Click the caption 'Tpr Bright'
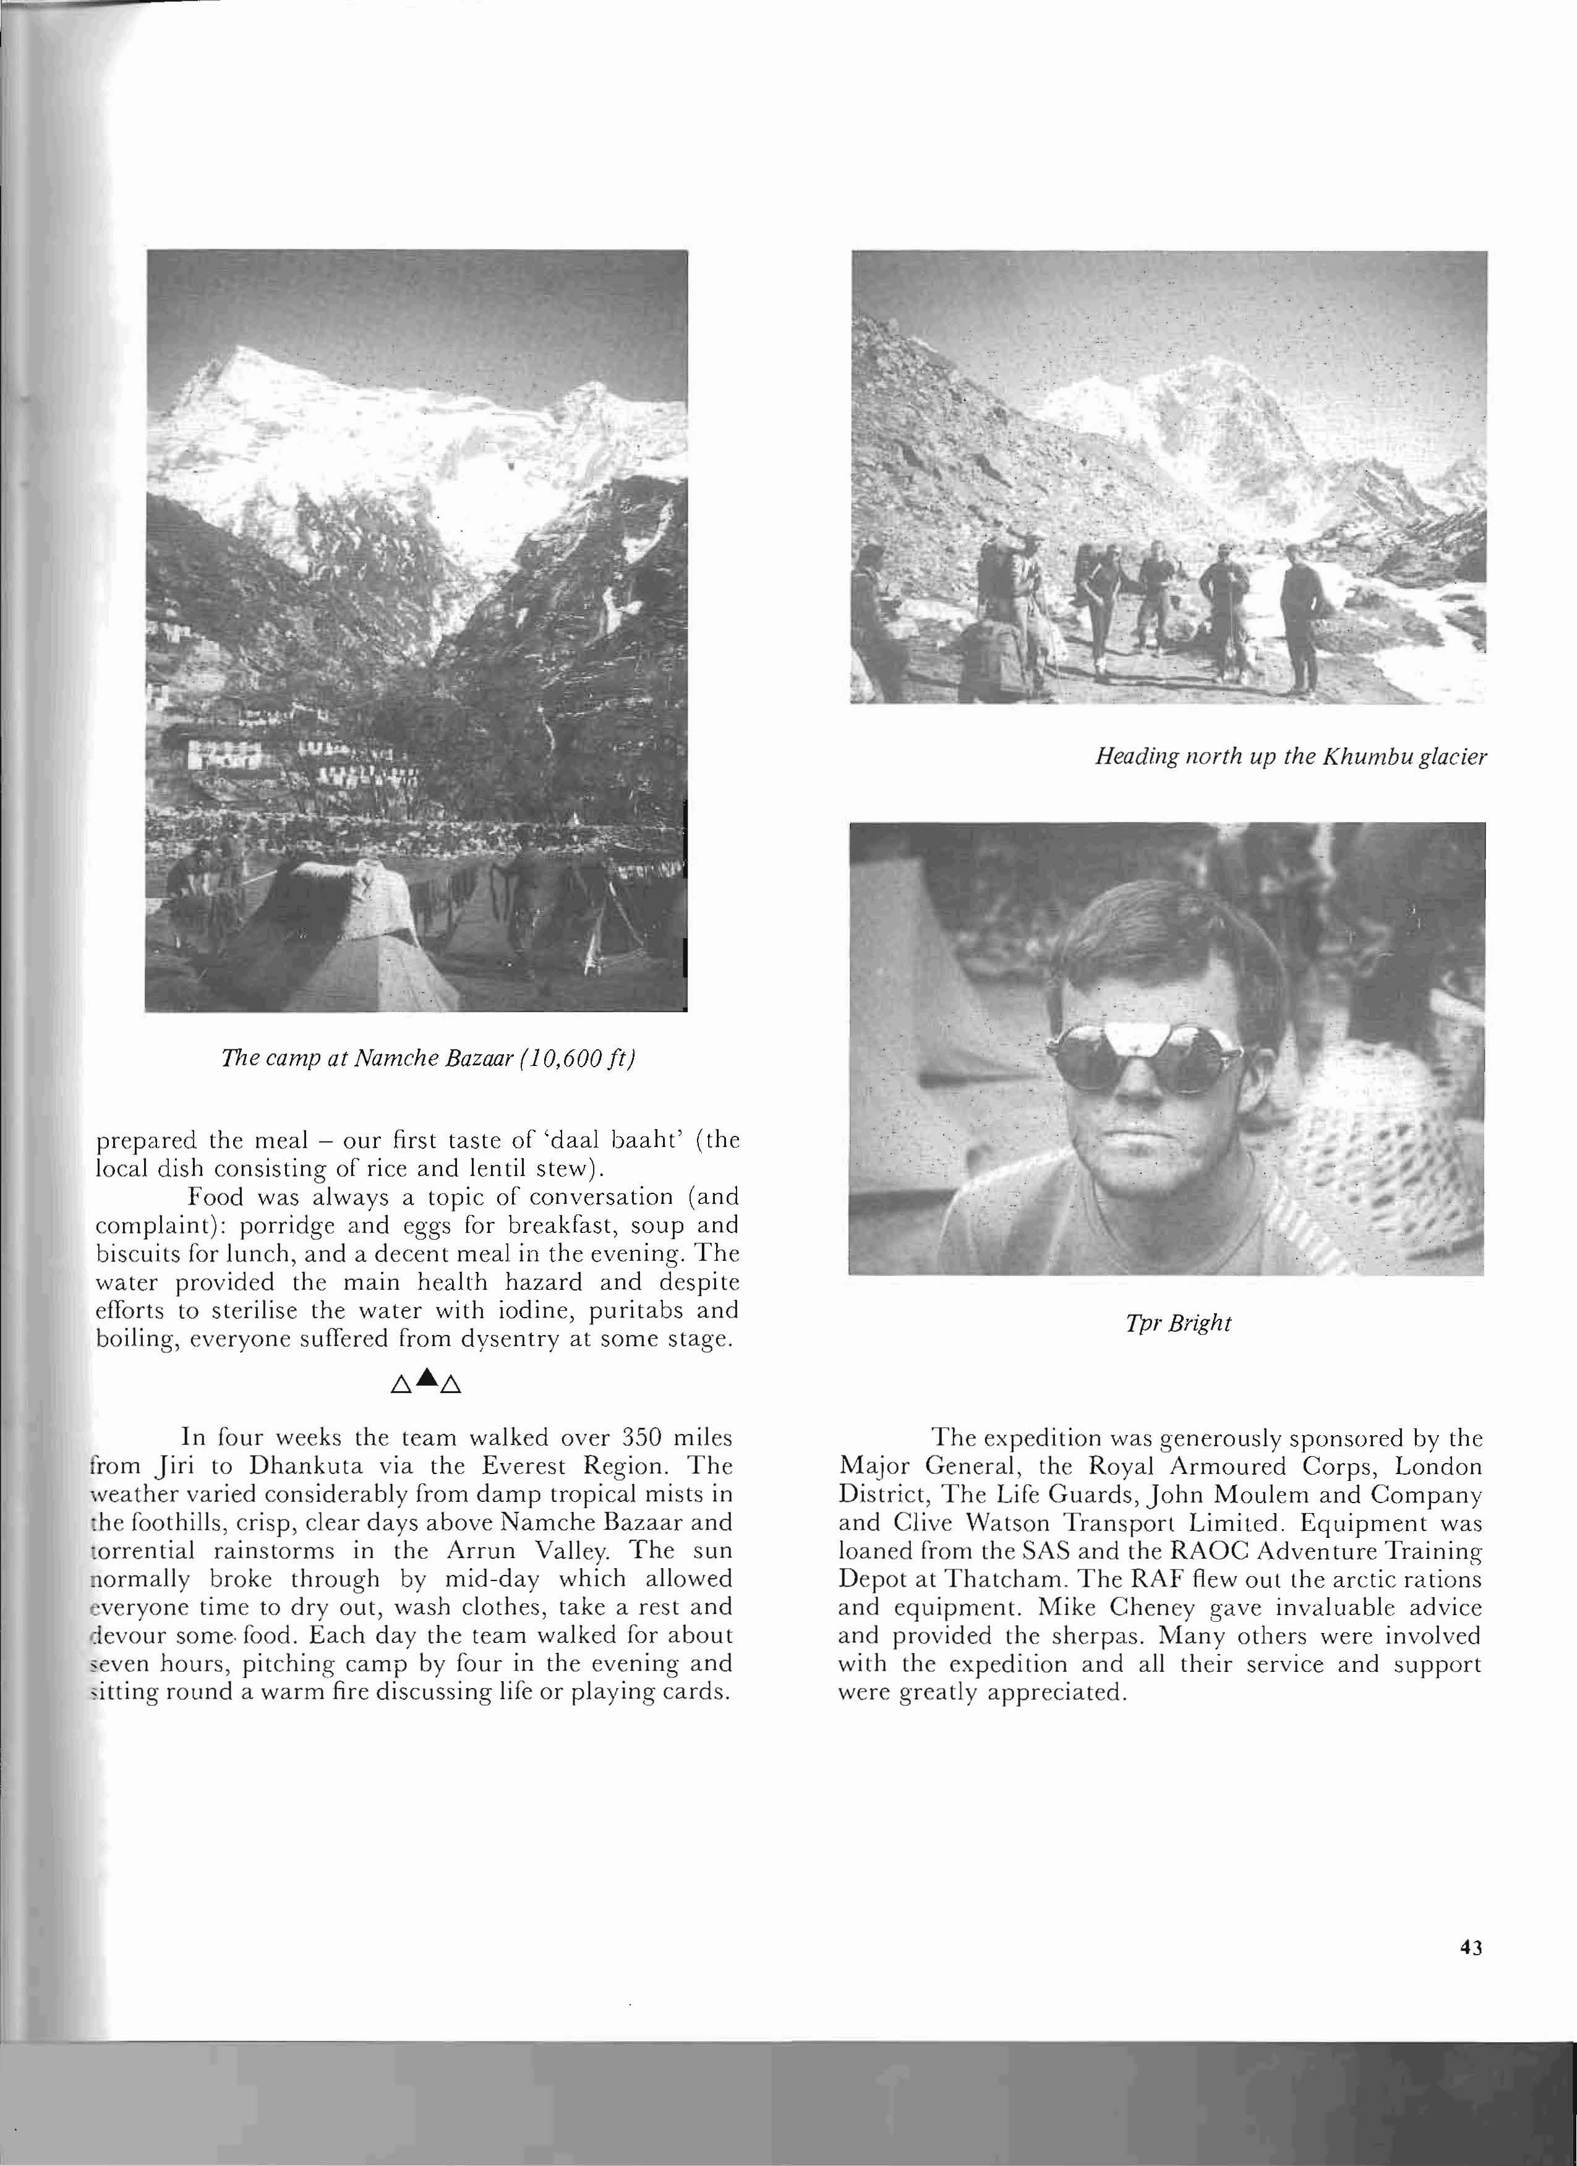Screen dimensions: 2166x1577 click(x=1177, y=1323)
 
